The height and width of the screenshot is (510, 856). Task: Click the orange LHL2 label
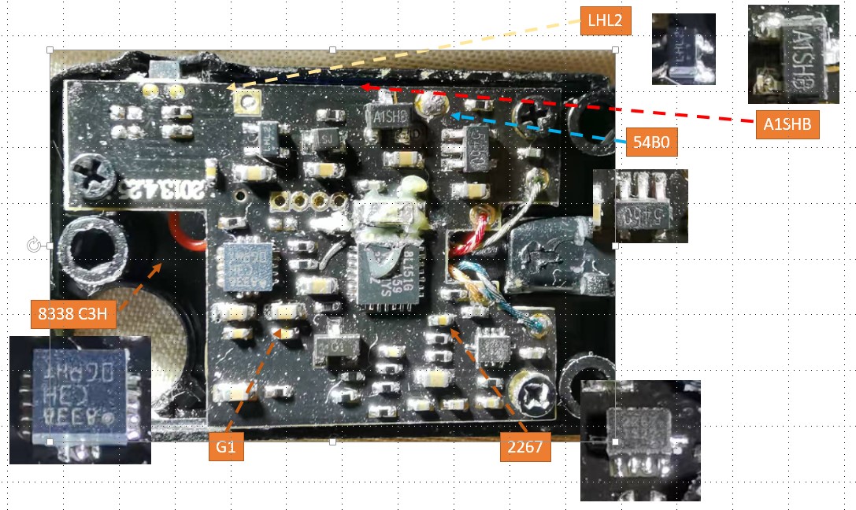605,21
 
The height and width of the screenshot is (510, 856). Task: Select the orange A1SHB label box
787,124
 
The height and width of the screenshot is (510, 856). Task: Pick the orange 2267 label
523,449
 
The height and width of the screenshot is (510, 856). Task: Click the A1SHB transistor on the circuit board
388,119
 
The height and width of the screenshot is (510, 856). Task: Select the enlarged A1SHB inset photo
793,54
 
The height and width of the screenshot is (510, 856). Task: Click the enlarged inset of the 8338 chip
80,398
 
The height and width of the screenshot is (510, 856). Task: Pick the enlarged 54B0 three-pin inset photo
640,205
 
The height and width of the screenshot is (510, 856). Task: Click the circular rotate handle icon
34,246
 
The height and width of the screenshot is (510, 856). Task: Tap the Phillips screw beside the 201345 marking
82,168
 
